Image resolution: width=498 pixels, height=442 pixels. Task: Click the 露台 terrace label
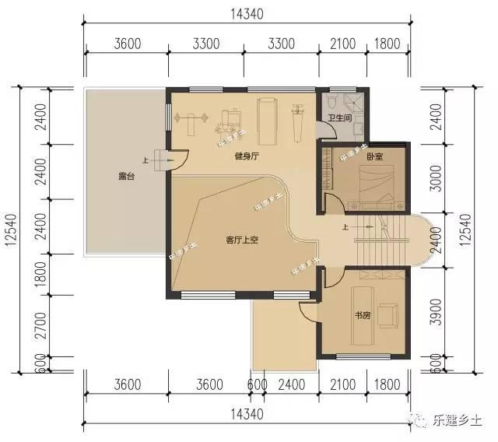[x=126, y=177]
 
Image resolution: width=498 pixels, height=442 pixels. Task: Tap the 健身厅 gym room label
[x=247, y=156]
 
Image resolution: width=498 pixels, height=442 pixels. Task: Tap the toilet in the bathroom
[x=332, y=103]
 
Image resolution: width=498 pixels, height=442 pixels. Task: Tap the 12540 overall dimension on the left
[x=11, y=230]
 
